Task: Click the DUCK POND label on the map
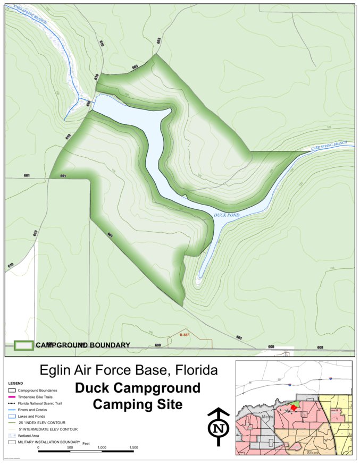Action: [227, 215]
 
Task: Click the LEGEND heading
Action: [15, 383]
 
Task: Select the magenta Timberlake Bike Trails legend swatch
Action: [11, 396]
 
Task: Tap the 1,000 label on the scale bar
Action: [102, 448]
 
